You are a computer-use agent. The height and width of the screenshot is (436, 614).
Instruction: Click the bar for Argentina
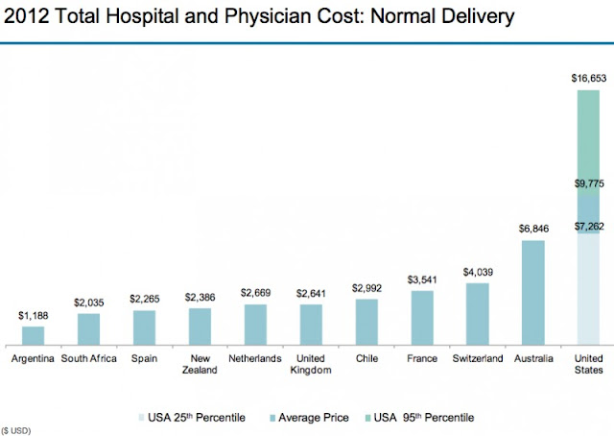pyautogui.click(x=33, y=335)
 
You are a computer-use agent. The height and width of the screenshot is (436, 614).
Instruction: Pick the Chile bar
pyautogui.click(x=366, y=322)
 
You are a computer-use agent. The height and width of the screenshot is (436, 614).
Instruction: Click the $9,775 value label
pyautogui.click(x=588, y=183)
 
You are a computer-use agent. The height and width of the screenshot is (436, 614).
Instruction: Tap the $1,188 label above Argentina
pyautogui.click(x=33, y=315)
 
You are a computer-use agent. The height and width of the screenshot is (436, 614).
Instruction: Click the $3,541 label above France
pyautogui.click(x=421, y=279)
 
